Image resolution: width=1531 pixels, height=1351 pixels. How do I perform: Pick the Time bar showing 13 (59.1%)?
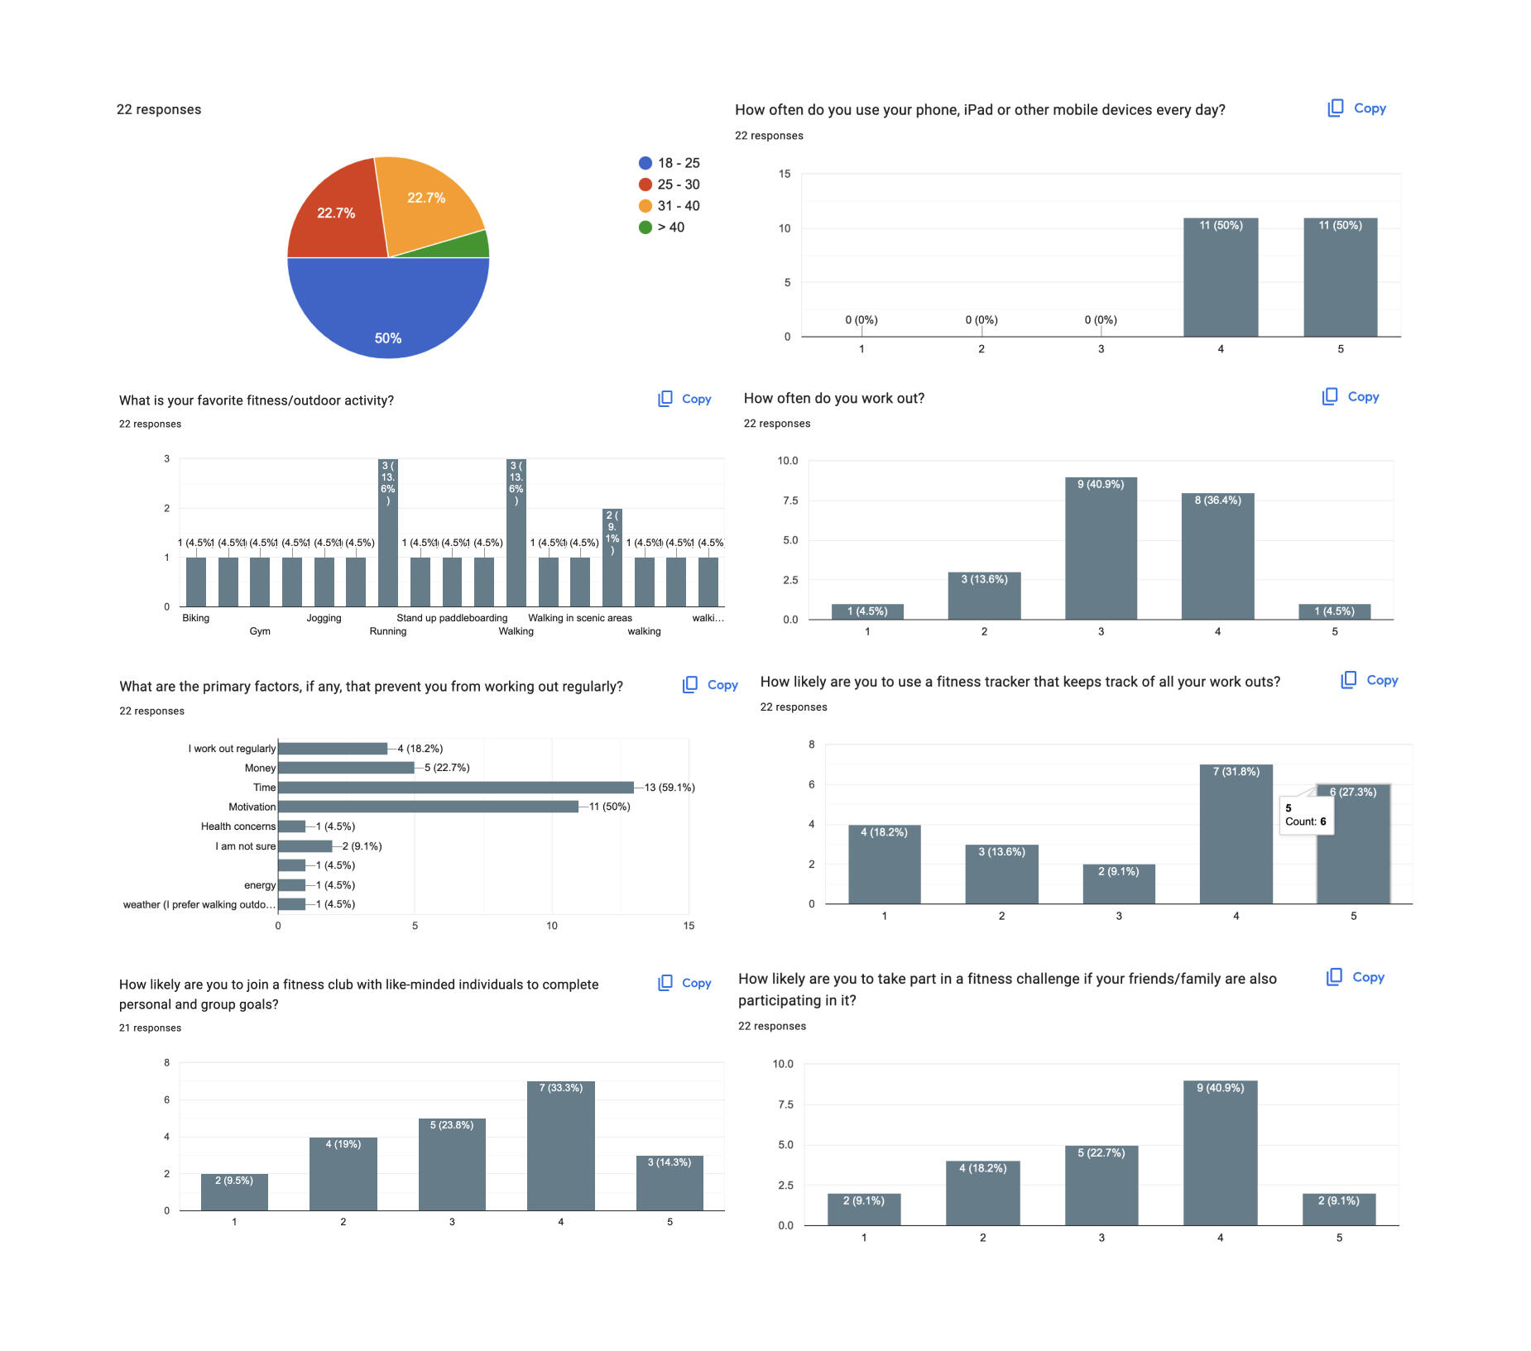(x=456, y=788)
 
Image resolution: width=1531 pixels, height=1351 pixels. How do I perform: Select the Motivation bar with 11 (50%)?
(x=428, y=807)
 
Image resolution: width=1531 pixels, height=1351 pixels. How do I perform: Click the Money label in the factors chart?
(x=260, y=769)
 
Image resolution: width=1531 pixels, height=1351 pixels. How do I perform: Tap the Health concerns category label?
(x=238, y=826)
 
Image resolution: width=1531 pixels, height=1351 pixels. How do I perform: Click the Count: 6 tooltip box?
(x=1306, y=816)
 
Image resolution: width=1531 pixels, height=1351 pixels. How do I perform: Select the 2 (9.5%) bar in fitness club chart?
(x=234, y=1192)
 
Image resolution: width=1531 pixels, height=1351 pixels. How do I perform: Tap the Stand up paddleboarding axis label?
(x=452, y=618)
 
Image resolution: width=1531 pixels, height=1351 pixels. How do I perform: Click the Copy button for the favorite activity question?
(x=684, y=400)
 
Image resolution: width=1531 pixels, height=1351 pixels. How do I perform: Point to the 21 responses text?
(x=150, y=1028)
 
